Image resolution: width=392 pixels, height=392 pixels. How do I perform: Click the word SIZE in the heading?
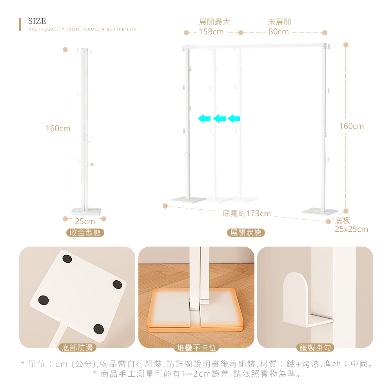(37, 21)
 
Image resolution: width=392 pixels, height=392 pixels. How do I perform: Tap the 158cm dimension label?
(211, 32)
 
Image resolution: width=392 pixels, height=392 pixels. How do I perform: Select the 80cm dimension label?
(278, 32)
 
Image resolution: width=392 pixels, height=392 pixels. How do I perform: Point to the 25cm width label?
(85, 221)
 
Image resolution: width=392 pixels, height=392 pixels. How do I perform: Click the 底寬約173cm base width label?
(247, 214)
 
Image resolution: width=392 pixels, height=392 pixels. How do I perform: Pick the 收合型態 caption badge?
(85, 233)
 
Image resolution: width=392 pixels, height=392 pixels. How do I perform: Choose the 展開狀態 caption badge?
(246, 233)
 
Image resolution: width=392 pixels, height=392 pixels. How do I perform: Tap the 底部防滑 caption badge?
(77, 347)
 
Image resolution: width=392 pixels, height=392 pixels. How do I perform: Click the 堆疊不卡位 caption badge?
(196, 347)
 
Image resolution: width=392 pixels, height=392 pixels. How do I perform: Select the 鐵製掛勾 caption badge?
(315, 347)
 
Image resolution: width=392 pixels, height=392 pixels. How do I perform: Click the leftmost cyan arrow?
(204, 118)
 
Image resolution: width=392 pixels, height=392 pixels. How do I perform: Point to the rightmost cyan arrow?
(234, 118)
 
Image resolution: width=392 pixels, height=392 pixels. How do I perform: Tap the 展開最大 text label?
(214, 22)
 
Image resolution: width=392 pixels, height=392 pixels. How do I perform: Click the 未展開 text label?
(279, 22)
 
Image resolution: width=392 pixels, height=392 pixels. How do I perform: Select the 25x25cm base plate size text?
(352, 229)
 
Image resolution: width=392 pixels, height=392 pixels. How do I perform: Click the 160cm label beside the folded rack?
(58, 129)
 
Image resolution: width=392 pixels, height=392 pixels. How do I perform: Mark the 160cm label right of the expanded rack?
(352, 126)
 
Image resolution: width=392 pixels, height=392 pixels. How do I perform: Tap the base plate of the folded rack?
(86, 212)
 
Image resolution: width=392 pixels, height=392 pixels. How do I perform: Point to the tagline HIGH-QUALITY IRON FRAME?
(83, 29)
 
